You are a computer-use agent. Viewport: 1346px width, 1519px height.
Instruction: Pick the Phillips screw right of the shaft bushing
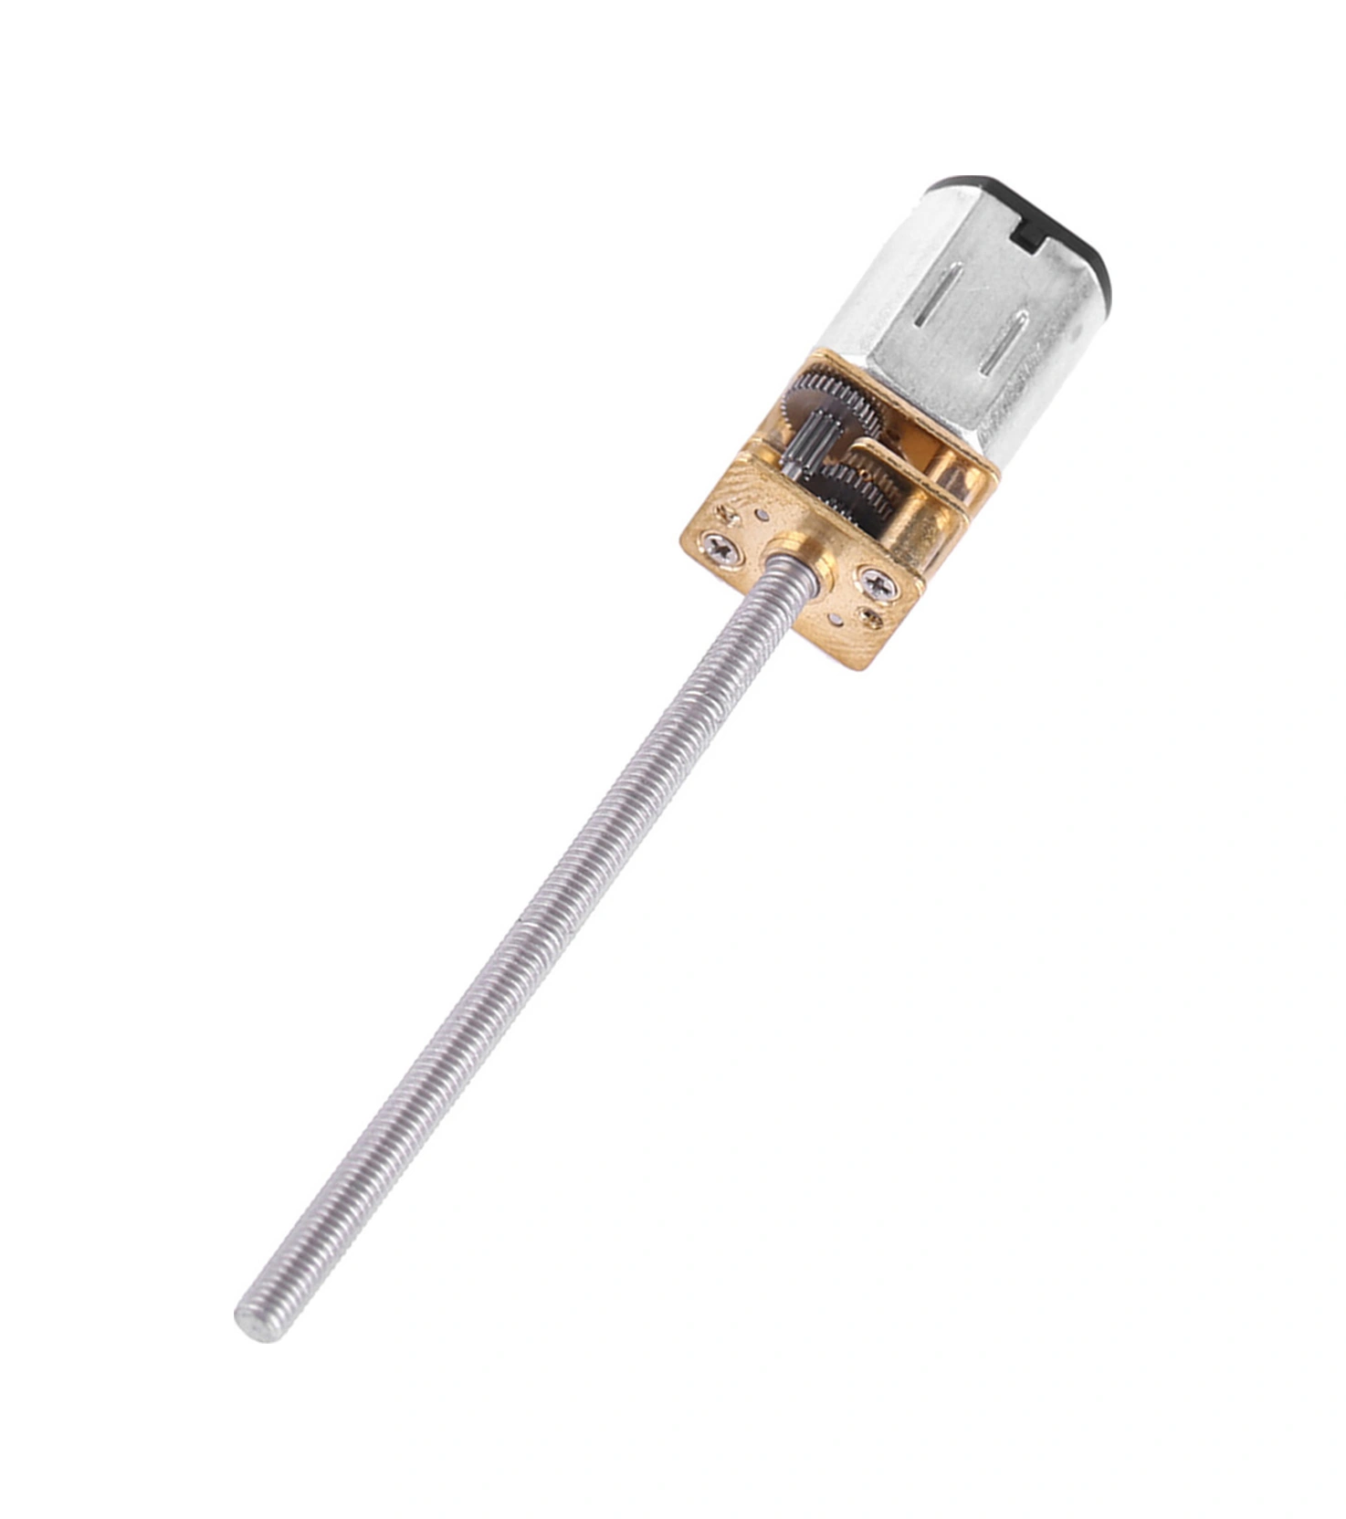(874, 581)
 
